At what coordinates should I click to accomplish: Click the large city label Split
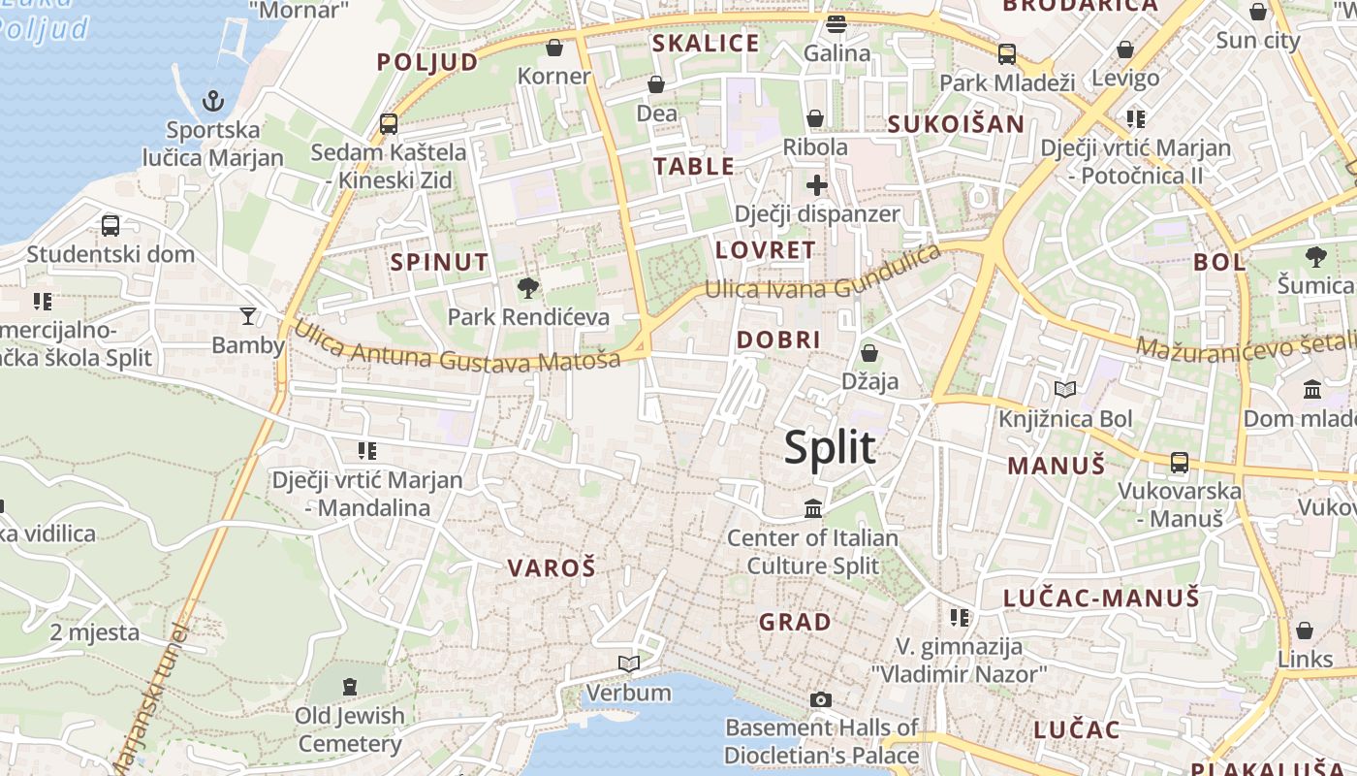pyautogui.click(x=830, y=448)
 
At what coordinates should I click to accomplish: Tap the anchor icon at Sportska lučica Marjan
pyautogui.click(x=212, y=100)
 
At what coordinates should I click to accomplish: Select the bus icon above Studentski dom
pyautogui.click(x=110, y=226)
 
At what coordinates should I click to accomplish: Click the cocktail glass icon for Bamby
pyautogui.click(x=248, y=315)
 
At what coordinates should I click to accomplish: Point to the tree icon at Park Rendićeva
pyautogui.click(x=528, y=287)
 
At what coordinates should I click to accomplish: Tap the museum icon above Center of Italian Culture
pyautogui.click(x=813, y=508)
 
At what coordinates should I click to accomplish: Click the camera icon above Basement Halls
pyautogui.click(x=821, y=699)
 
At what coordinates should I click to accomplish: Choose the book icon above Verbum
pyautogui.click(x=629, y=663)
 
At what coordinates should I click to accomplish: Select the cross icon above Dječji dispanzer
pyautogui.click(x=817, y=184)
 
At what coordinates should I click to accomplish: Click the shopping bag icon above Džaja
pyautogui.click(x=869, y=352)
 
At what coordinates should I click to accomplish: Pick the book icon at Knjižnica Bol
pyautogui.click(x=1065, y=390)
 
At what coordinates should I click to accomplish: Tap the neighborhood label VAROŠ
pyautogui.click(x=552, y=568)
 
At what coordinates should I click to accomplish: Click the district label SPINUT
pyautogui.click(x=439, y=262)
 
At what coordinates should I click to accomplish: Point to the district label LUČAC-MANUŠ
pyautogui.click(x=1101, y=598)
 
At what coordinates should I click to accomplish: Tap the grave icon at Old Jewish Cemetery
pyautogui.click(x=349, y=687)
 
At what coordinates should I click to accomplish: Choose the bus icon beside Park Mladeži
pyautogui.click(x=1007, y=54)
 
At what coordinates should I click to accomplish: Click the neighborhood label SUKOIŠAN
pyautogui.click(x=956, y=124)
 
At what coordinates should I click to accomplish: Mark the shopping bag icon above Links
pyautogui.click(x=1305, y=630)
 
